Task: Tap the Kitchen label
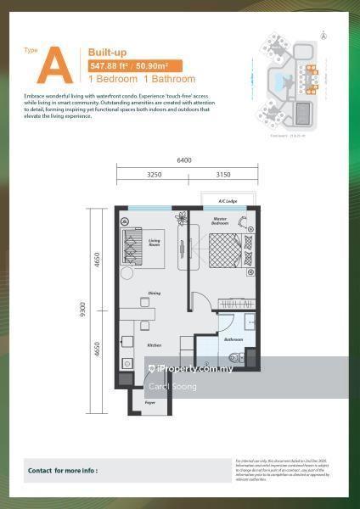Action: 155,346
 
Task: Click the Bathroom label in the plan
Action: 233,338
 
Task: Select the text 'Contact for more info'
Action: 63,469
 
